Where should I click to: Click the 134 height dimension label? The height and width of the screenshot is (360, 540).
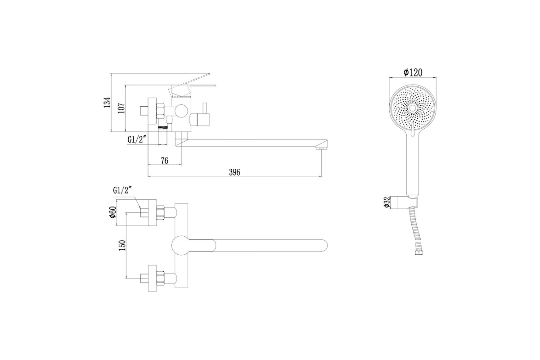[108, 102]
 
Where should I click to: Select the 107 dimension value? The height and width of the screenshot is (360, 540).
[122, 108]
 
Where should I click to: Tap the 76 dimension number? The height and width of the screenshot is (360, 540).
[164, 160]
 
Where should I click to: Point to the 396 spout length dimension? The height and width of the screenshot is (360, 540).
[234, 172]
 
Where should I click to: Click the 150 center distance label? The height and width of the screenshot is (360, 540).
[122, 245]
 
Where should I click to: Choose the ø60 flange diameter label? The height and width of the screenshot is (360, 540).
[112, 212]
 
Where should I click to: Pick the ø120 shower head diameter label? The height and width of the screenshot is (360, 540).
[413, 72]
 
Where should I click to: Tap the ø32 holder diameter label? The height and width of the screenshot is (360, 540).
[387, 202]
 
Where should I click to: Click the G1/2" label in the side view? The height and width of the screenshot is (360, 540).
[137, 139]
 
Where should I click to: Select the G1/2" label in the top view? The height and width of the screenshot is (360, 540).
[122, 191]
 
